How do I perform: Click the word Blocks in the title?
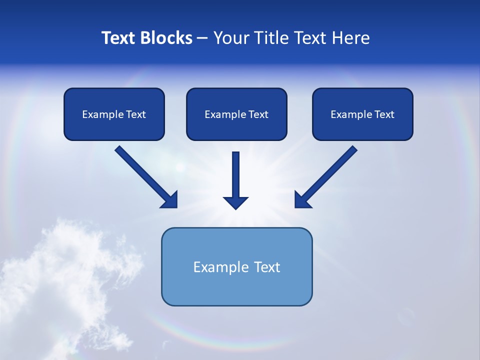click(166, 38)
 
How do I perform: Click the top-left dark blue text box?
click(114, 127)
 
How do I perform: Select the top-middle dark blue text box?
click(236, 127)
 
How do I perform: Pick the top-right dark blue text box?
click(362, 127)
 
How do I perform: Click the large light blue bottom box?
click(236, 287)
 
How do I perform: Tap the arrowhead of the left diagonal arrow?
click(170, 200)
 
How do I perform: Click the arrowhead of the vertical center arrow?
click(235, 202)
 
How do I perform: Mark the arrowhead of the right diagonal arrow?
click(302, 200)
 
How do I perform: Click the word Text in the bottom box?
click(267, 267)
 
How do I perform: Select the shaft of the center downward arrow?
click(235, 172)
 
